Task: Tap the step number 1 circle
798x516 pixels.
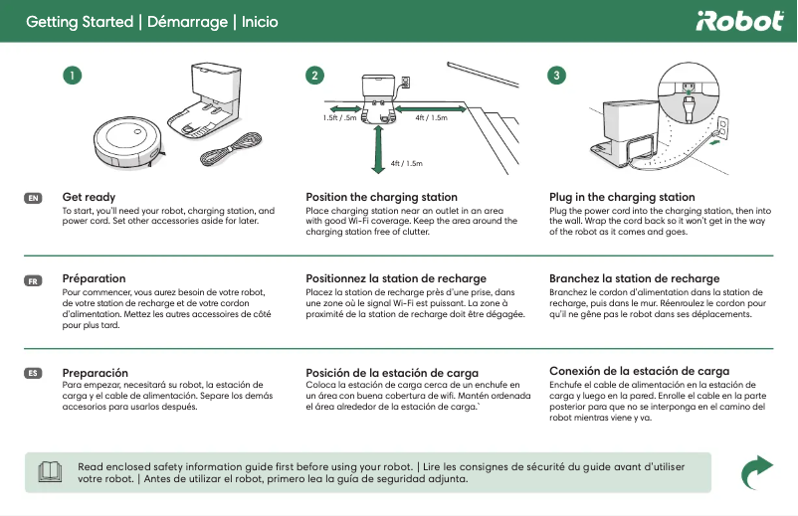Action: [x=71, y=76]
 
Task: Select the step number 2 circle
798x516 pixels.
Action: [x=315, y=76]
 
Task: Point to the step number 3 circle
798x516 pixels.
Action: [x=558, y=76]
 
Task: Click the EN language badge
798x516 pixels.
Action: [x=33, y=199]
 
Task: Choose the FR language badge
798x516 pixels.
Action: [x=33, y=280]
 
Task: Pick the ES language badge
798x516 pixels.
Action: [x=33, y=373]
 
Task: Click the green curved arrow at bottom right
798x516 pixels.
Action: [x=759, y=471]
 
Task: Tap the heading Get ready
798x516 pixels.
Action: [x=89, y=197]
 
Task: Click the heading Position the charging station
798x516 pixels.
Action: [x=381, y=197]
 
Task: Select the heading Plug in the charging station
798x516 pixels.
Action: [x=622, y=197]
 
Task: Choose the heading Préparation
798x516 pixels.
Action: [x=94, y=278]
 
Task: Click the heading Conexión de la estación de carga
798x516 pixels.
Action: [x=639, y=371]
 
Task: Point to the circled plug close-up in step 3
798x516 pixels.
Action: [x=686, y=90]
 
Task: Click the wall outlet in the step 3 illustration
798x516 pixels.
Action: [x=723, y=127]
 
